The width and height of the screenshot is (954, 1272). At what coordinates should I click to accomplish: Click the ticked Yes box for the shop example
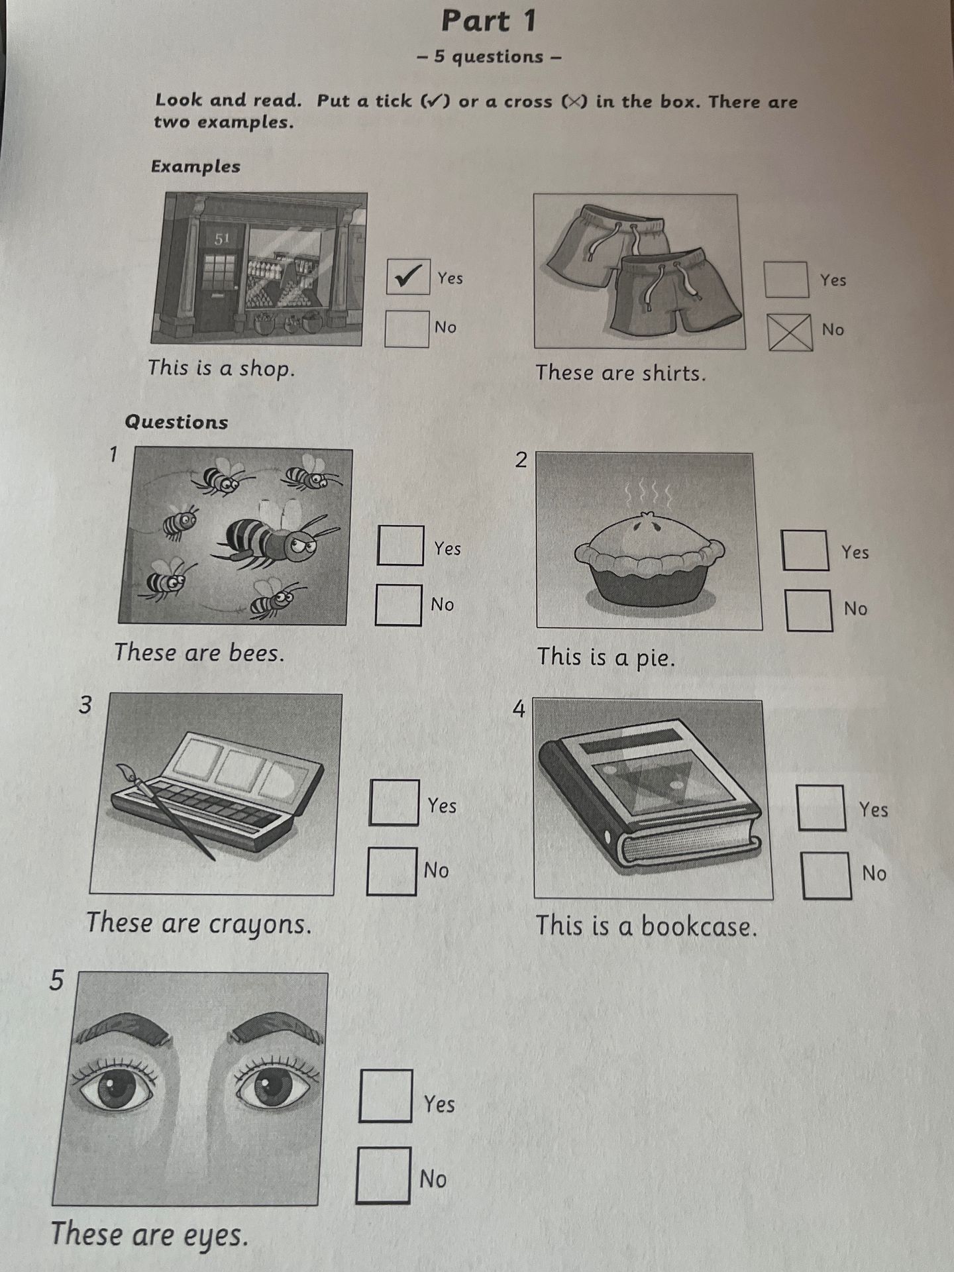(x=408, y=276)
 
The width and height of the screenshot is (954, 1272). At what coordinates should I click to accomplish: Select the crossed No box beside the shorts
(x=790, y=332)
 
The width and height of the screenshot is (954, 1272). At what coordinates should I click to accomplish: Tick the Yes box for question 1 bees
(x=400, y=545)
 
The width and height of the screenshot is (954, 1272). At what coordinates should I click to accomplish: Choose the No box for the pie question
(x=809, y=610)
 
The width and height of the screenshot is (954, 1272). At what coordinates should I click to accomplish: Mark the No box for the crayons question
(x=392, y=871)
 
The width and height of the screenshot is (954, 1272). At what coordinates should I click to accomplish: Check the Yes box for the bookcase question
(x=821, y=808)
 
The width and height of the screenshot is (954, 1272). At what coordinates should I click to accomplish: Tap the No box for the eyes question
(x=383, y=1175)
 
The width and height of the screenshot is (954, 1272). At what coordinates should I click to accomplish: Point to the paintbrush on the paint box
(x=166, y=812)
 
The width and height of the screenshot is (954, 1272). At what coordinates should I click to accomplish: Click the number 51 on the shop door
(x=221, y=238)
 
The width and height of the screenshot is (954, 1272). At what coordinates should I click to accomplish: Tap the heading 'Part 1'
(x=489, y=21)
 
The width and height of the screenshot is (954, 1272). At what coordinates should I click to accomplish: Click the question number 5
(x=57, y=980)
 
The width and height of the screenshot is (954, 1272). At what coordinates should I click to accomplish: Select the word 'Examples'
(x=195, y=166)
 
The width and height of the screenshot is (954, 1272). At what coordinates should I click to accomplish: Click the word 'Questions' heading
(x=176, y=422)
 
